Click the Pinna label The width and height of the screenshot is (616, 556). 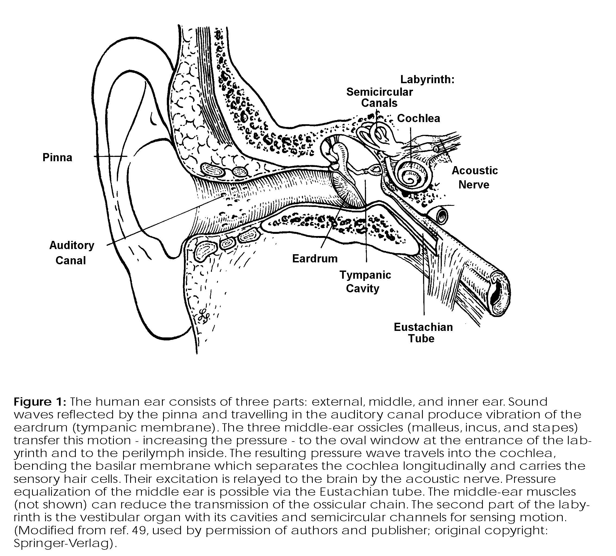coord(57,158)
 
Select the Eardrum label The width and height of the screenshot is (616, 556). coord(315,259)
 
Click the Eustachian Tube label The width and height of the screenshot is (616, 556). coord(423,333)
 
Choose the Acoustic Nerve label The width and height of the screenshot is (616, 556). coord(475,178)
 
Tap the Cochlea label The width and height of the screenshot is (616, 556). coord(418,118)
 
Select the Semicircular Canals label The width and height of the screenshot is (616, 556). coord(379,97)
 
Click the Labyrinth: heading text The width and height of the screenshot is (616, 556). coord(427,79)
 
